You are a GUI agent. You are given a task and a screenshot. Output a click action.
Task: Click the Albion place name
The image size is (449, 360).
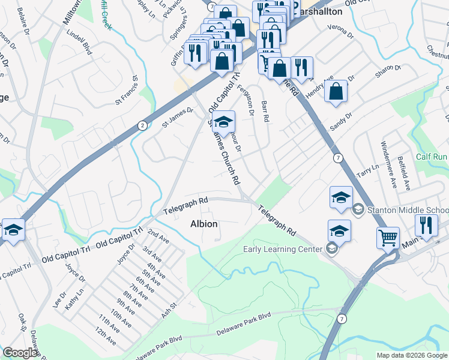tap(203, 224)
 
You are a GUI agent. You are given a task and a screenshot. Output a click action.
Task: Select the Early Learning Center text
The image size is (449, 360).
tap(282, 249)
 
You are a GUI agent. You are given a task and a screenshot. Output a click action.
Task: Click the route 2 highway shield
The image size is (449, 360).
tap(142, 125)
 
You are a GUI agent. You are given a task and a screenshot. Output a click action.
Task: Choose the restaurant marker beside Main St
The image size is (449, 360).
tap(427, 226)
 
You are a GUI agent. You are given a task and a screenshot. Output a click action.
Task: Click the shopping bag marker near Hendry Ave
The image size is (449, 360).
tap(336, 91)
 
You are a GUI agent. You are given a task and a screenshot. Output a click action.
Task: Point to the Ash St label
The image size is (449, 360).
tap(168, 313)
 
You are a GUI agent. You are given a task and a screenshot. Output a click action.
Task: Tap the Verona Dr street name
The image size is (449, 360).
tap(340, 29)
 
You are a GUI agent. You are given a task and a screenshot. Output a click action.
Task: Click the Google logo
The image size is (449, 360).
tap(20, 353)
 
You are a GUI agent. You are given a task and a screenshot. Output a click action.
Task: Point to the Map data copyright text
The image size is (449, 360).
tap(412, 355)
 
